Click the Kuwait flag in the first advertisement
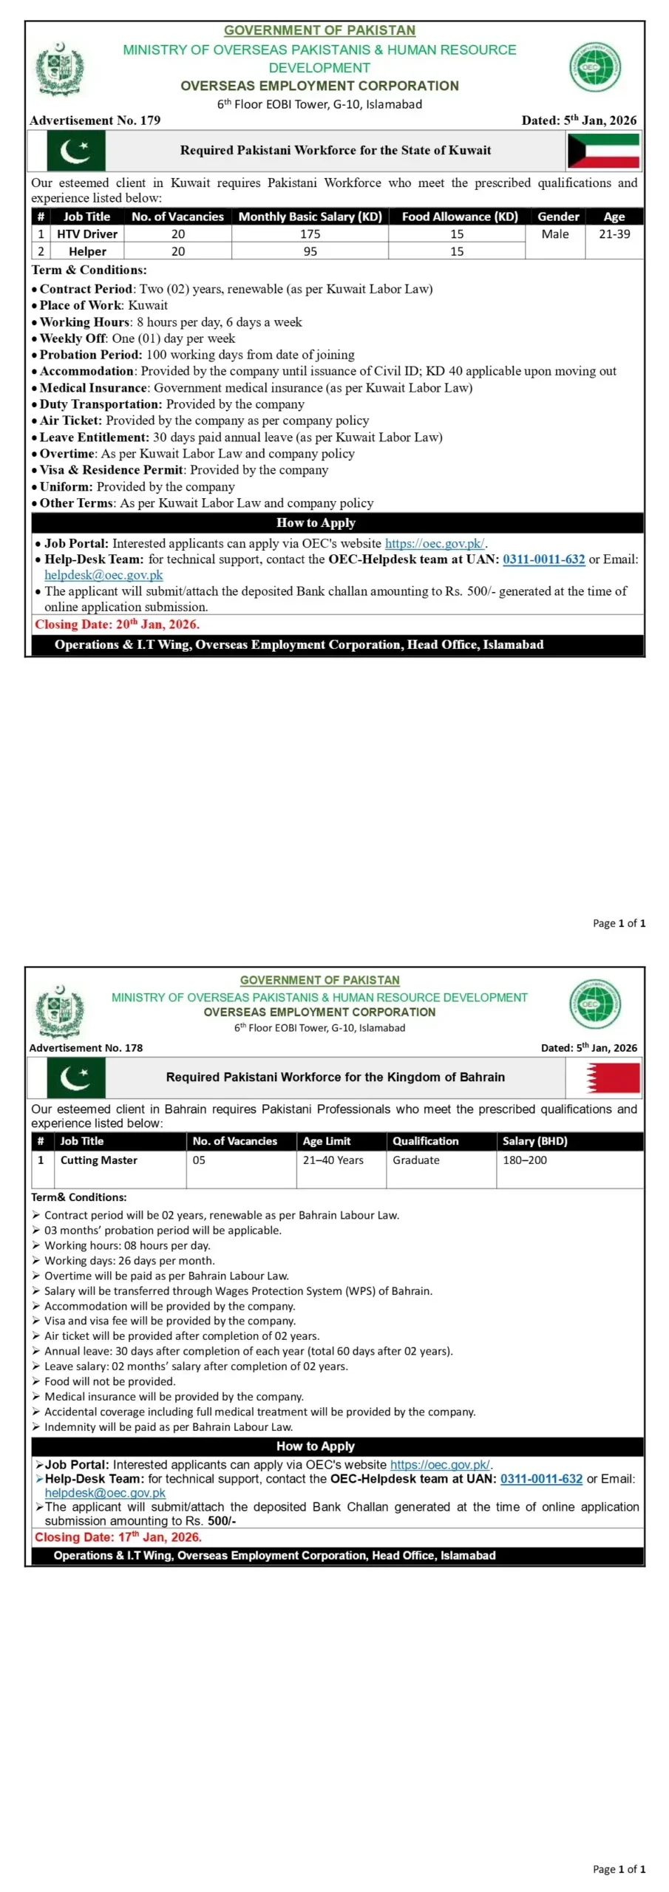click(602, 151)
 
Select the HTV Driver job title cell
click(87, 234)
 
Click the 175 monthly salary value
click(310, 234)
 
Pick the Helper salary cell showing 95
click(310, 252)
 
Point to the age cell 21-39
click(614, 234)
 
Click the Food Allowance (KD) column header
click(460, 217)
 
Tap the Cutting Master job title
click(99, 1160)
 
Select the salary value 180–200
click(525, 1160)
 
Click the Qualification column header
click(426, 1141)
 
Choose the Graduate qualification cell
click(416, 1160)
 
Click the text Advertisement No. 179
click(95, 120)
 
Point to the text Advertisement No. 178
click(86, 1047)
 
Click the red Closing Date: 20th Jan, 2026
click(117, 625)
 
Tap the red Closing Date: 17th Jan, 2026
click(118, 1537)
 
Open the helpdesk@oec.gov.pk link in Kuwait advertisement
click(103, 575)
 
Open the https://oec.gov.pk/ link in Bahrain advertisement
click(440, 1464)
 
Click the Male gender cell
click(555, 234)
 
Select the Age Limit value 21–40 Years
click(333, 1160)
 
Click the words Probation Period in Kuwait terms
click(90, 355)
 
